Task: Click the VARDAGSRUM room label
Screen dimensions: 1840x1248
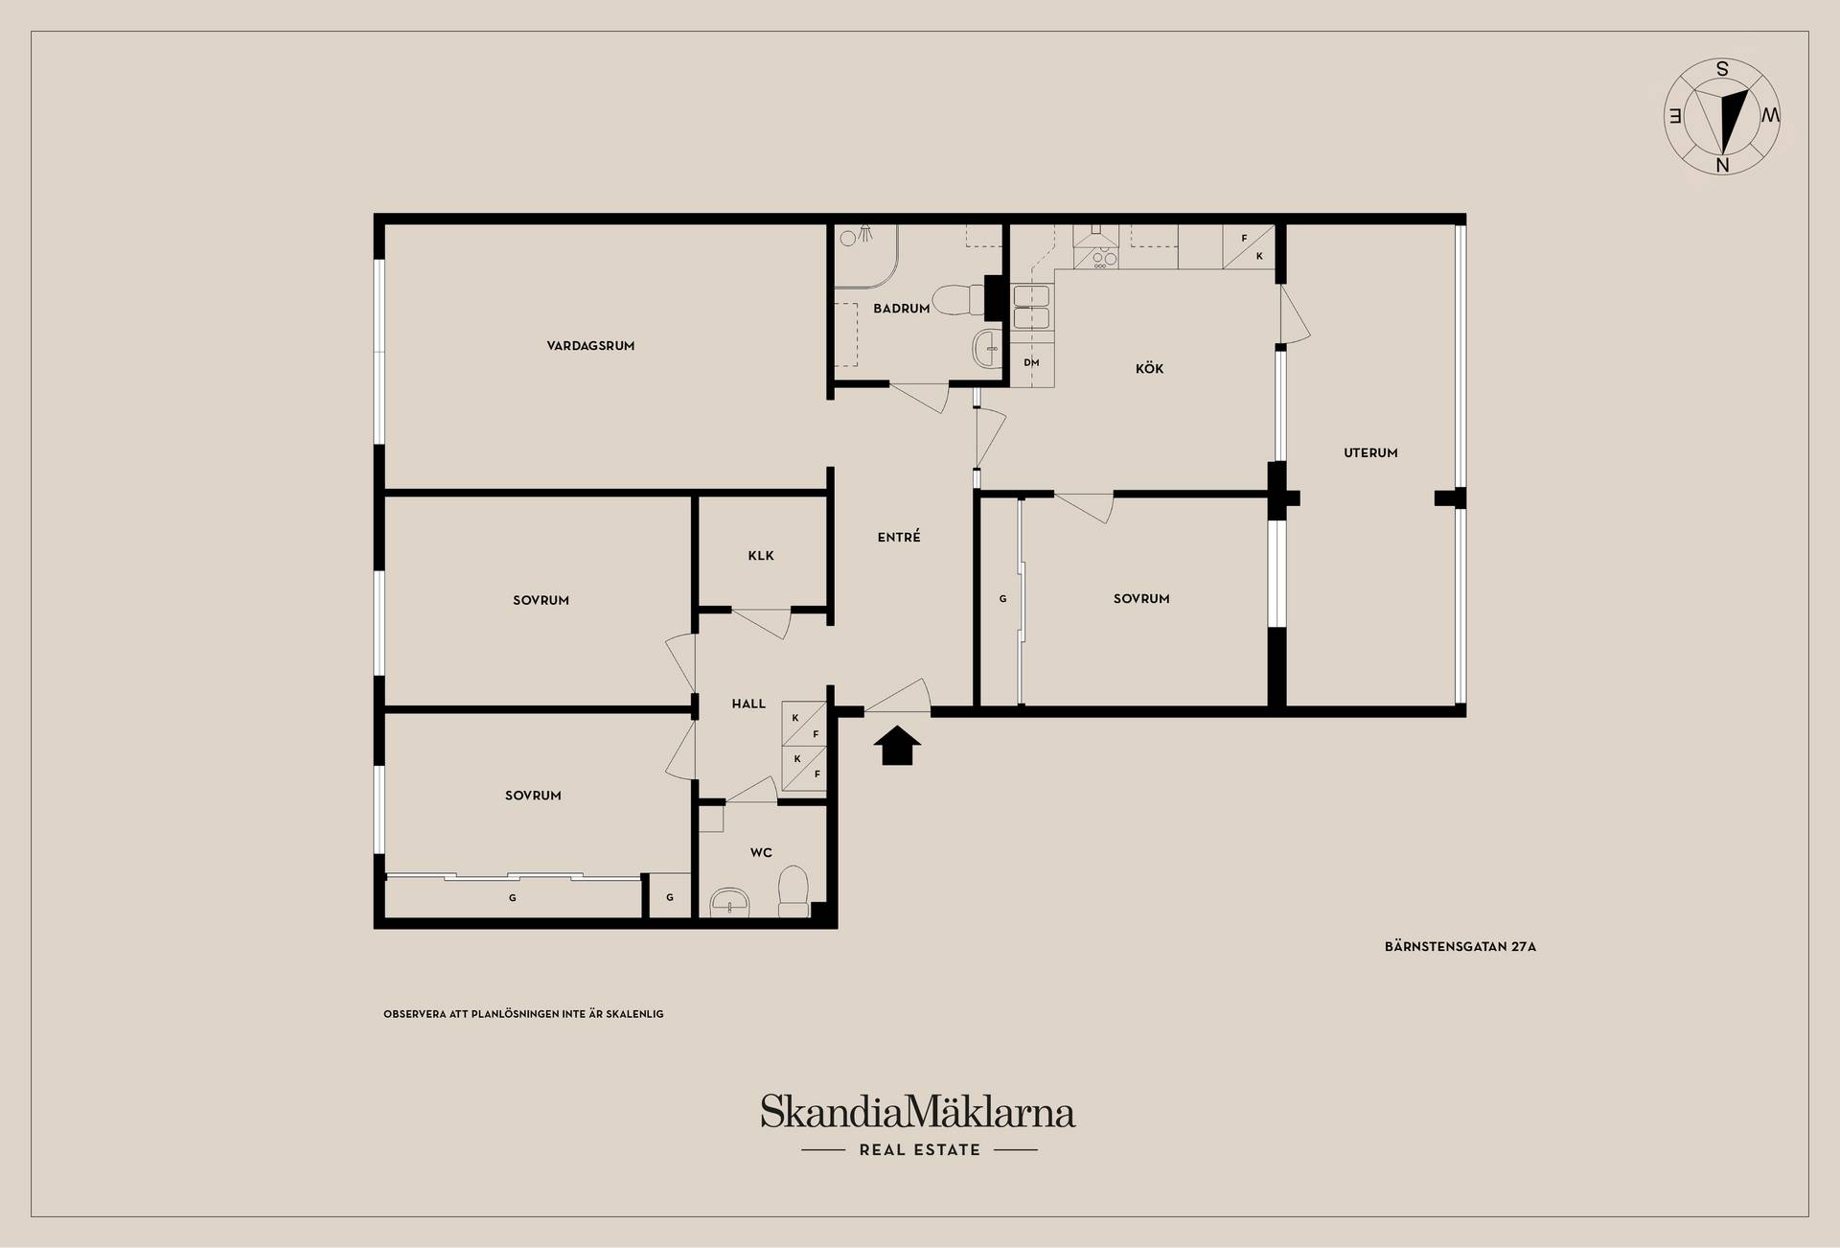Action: pos(590,346)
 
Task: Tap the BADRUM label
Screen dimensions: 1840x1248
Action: pos(901,309)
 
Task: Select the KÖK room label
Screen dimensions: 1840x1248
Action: pos(1149,368)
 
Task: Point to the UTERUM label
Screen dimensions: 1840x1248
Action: pos(1370,453)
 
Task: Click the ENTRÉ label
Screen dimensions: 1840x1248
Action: pos(899,537)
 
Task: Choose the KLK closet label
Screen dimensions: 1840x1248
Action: pos(761,556)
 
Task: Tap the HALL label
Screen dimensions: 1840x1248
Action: pos(748,704)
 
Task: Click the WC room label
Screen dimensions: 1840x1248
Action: pos(761,852)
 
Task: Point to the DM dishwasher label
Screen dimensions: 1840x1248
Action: pos(1031,362)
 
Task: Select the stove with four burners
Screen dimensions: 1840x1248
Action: pos(1097,257)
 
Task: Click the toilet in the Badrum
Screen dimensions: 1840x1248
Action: pos(954,299)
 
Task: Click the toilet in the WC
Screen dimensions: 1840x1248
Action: pos(793,892)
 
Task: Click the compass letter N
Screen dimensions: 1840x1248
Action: pos(1722,165)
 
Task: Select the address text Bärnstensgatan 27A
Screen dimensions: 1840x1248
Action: pos(1460,947)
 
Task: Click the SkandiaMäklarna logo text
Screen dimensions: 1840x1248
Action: pos(918,1112)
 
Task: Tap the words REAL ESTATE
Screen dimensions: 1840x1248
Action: pos(920,1150)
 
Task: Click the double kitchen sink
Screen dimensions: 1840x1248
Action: pos(1031,306)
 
